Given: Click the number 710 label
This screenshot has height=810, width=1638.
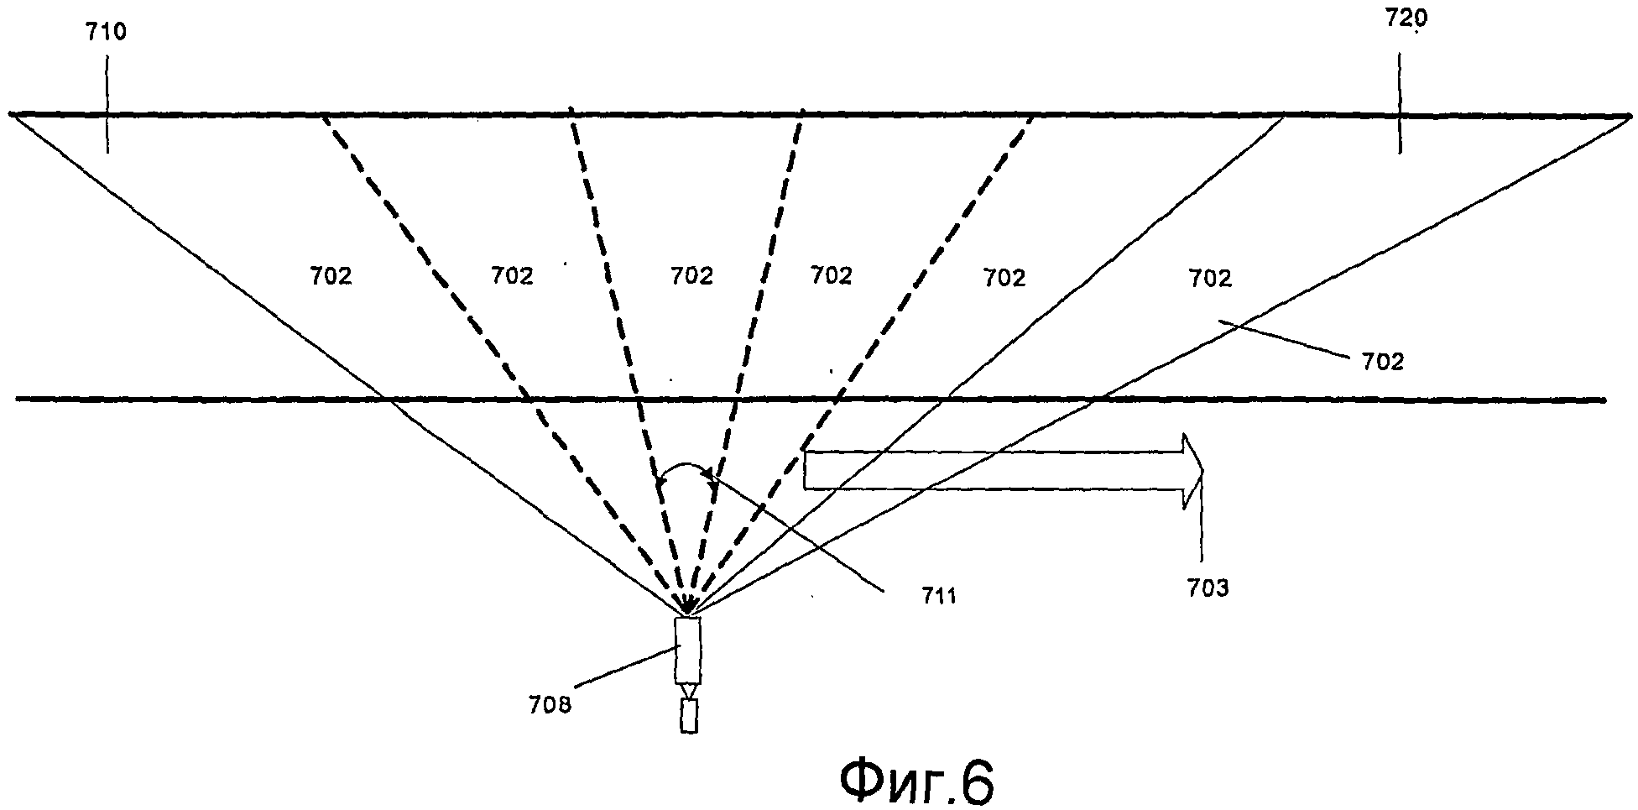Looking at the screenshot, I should click(x=106, y=33).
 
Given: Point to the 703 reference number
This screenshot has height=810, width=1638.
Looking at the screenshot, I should click(x=1207, y=588).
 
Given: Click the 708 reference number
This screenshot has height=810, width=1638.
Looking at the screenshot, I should click(x=550, y=703).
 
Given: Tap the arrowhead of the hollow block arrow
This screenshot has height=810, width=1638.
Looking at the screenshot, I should click(x=1192, y=471).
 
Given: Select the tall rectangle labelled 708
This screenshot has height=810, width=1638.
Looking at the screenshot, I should click(x=687, y=651).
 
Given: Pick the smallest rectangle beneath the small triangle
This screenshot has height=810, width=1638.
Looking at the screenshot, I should click(x=688, y=716).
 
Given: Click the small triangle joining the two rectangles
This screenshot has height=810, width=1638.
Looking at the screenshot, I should click(x=688, y=691).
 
